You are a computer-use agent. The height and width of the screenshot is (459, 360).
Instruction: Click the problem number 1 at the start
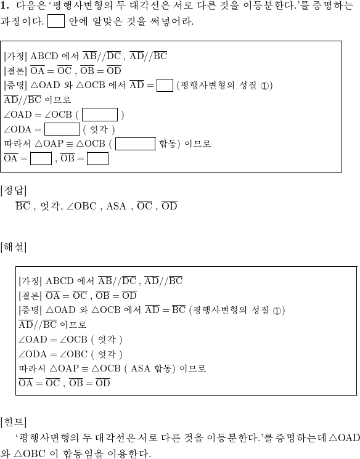tap(4, 6)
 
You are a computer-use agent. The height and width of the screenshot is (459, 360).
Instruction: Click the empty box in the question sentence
tap(56, 21)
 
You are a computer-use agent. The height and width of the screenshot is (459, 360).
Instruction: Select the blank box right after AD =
tap(165, 85)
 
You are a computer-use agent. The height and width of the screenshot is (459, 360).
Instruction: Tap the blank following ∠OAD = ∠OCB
tap(100, 115)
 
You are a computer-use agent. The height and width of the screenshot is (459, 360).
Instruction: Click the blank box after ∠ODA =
tap(62, 129)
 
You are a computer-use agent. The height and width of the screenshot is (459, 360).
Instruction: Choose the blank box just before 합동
tap(136, 144)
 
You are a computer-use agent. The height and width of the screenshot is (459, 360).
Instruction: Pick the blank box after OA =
tap(41, 158)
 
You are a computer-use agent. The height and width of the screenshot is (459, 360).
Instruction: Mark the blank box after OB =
tap(97, 158)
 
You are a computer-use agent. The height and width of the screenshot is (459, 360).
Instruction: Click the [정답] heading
tap(14, 191)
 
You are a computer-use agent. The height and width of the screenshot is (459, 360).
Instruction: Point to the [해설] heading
tap(14, 247)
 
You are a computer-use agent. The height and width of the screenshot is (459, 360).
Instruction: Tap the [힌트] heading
tap(14, 422)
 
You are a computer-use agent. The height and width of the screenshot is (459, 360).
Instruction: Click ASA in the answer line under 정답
tap(116, 206)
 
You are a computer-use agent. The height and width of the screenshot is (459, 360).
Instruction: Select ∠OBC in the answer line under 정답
tap(81, 206)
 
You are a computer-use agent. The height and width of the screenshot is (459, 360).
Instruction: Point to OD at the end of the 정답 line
tap(170, 206)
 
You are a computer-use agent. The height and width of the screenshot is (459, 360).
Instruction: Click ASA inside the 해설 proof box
tap(140, 368)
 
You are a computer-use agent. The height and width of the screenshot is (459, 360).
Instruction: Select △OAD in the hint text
tap(345, 437)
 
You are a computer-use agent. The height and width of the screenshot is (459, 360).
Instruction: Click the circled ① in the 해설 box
tap(277, 311)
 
